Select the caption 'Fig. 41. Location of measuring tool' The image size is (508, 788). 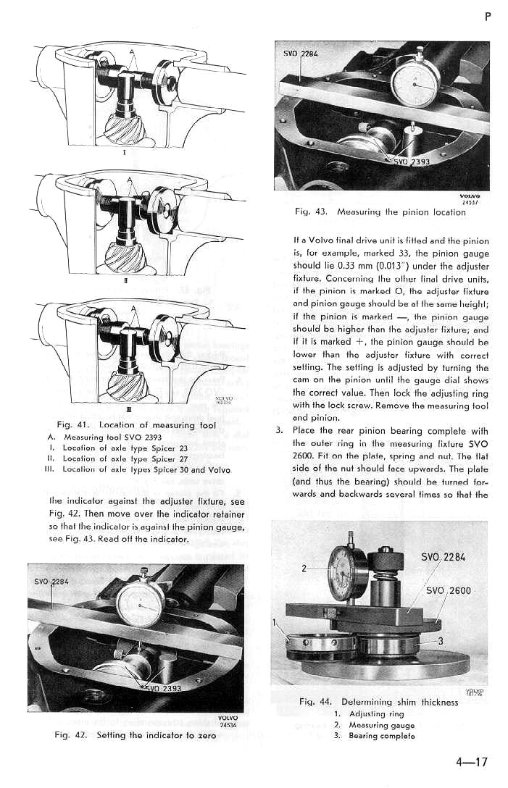(126, 424)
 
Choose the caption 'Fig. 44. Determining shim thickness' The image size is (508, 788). (378, 702)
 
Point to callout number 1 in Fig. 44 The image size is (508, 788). (275, 622)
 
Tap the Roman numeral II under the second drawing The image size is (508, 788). (127, 282)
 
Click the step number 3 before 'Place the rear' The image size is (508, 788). (280, 431)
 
